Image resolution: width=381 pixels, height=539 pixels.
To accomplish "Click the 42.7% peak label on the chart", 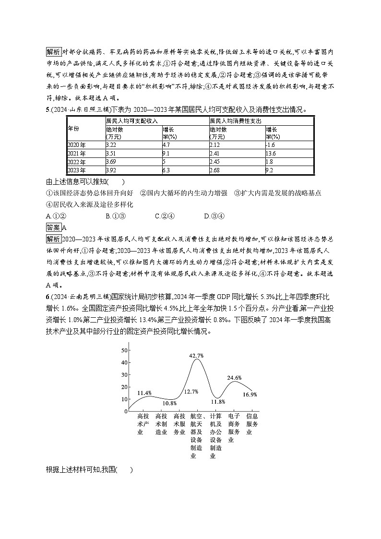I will point(197,356).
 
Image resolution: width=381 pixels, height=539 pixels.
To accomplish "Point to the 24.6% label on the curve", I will point(235,378).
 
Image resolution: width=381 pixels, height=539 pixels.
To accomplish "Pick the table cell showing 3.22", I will point(111,144).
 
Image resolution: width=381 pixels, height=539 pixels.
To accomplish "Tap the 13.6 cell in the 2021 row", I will point(271,154).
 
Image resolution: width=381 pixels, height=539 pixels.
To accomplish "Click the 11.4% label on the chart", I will point(144,393).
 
